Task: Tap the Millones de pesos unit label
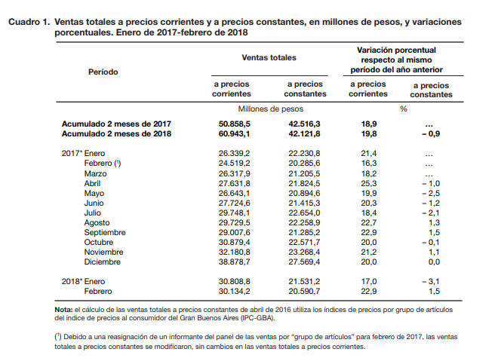click(268, 108)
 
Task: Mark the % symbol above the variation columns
click(403, 108)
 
